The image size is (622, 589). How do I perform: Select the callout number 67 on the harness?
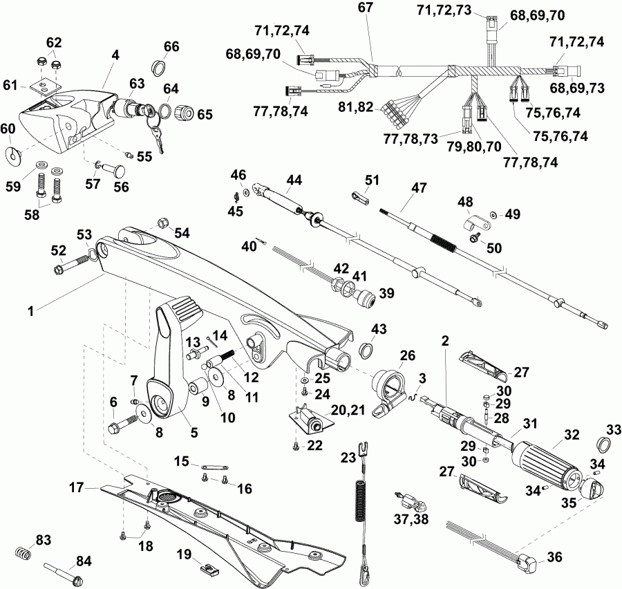(365, 8)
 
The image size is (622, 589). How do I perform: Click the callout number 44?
(295, 180)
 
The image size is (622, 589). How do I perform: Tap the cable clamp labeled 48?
(471, 223)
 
